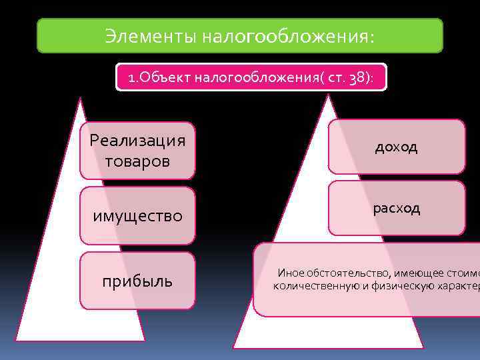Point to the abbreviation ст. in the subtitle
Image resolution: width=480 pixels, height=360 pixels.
click(335, 79)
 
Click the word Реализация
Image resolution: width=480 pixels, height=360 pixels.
click(137, 141)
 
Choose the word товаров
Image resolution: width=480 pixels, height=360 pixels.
click(137, 161)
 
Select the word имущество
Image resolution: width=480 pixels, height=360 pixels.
click(137, 216)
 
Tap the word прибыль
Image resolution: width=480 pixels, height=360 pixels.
click(137, 281)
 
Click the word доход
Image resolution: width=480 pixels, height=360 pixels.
click(396, 147)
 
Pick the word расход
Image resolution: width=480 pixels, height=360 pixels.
click(397, 208)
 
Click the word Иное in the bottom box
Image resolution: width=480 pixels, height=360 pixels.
click(289, 273)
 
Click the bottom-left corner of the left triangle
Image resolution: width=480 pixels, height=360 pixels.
click(17, 340)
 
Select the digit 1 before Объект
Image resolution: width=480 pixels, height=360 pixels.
click(131, 79)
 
